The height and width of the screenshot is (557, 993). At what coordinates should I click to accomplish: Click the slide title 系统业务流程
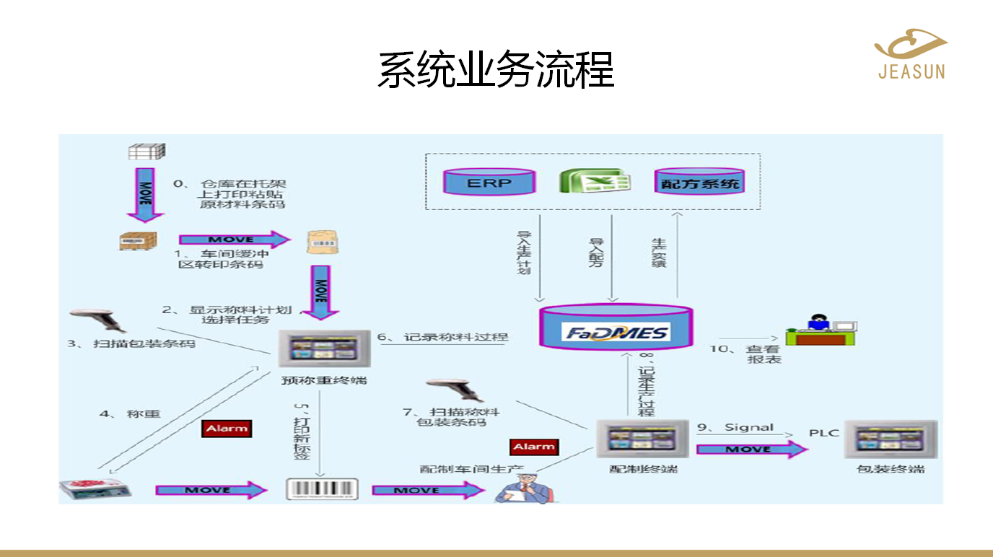click(496, 70)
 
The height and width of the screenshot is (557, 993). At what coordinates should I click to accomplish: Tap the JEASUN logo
click(911, 53)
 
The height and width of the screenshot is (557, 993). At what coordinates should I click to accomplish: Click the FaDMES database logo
click(618, 333)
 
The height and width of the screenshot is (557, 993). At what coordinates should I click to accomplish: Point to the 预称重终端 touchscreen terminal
click(324, 350)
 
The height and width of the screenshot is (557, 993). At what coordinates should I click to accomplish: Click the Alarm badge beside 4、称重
click(227, 429)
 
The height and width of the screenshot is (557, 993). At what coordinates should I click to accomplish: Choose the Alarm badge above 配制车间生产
click(533, 447)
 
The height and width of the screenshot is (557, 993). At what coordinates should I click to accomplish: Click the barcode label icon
click(322, 488)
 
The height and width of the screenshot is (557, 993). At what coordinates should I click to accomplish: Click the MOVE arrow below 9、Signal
click(751, 449)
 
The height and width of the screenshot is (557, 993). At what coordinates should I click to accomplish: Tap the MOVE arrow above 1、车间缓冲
click(234, 240)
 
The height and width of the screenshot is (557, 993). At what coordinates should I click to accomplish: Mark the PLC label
click(823, 433)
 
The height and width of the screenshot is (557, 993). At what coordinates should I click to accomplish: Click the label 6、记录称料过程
click(444, 337)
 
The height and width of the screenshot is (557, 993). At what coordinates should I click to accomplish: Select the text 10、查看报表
click(754, 354)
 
